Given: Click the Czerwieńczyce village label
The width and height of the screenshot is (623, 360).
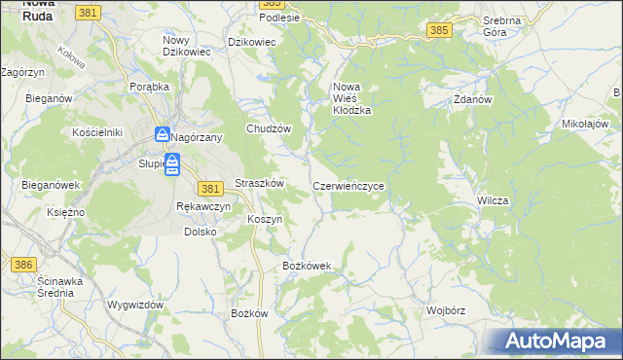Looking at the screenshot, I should pyautogui.click(x=353, y=185).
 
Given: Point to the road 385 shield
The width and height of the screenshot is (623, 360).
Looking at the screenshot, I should pyautogui.click(x=438, y=31).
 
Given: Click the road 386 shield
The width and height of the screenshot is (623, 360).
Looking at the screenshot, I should pyautogui.click(x=23, y=264).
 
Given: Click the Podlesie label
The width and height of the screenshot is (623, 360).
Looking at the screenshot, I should pyautogui.click(x=278, y=18).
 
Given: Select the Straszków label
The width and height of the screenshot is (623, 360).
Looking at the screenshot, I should pyautogui.click(x=259, y=184).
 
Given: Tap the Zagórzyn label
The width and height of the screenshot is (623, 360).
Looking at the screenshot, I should pyautogui.click(x=22, y=72).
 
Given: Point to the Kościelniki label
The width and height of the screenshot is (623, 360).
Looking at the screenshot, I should pyautogui.click(x=96, y=131).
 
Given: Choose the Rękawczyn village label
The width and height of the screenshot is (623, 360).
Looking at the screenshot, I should pyautogui.click(x=202, y=207).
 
